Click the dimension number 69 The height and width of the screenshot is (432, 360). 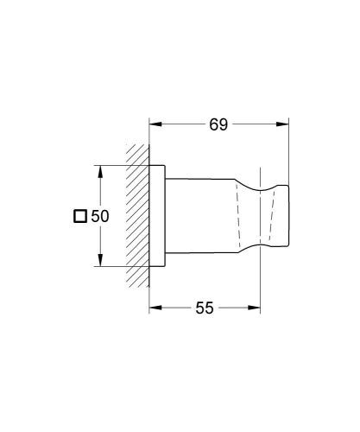tap(218, 125)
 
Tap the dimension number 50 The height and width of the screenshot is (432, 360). tap(100, 217)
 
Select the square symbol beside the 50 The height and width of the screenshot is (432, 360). tap(80, 217)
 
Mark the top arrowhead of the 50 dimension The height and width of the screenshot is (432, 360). tap(101, 169)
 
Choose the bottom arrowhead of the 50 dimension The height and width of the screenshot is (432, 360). tap(101, 264)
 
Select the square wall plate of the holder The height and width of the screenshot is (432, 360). tap(157, 216)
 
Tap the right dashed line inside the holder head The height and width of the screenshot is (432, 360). tap(274, 216)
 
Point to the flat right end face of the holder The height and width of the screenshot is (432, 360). tap(287, 216)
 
